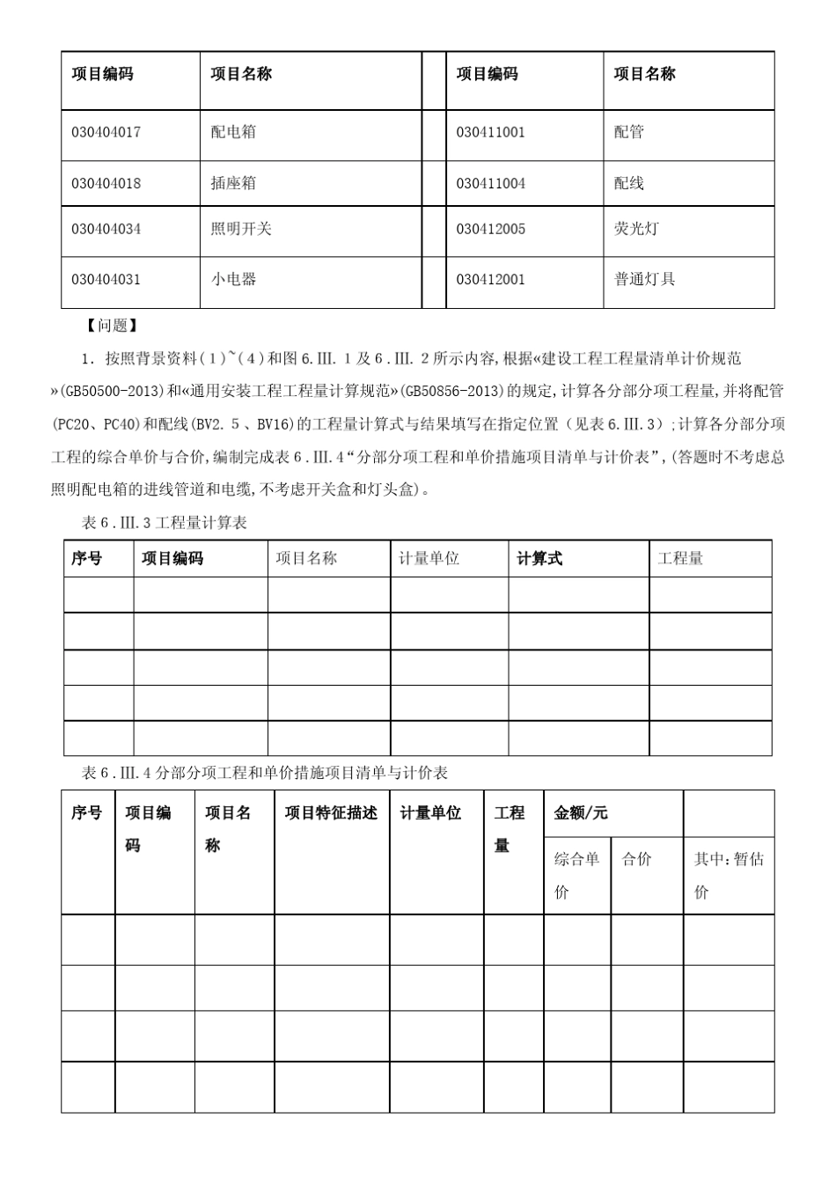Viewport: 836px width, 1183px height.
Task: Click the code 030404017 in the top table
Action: [106, 132]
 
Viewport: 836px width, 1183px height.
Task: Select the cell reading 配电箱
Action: [233, 132]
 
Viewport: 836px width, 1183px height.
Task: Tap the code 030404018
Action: [106, 183]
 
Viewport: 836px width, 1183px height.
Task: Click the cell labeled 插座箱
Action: [233, 183]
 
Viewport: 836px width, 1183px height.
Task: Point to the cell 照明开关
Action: [241, 229]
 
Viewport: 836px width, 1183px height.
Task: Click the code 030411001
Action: [490, 132]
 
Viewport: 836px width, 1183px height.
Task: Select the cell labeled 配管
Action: [628, 132]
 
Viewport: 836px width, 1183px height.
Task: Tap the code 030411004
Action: [490, 183]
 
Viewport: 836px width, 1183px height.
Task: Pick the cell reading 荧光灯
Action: [636, 229]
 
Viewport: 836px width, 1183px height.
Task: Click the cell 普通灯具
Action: [644, 279]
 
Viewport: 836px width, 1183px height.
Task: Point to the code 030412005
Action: [490, 229]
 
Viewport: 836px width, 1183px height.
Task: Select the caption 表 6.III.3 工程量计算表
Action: [165, 523]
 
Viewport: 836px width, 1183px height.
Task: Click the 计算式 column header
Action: [539, 558]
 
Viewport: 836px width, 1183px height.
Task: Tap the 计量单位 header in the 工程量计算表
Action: [429, 558]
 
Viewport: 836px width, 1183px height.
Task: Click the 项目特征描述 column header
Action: [331, 813]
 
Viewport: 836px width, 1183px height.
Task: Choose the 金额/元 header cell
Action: [581, 813]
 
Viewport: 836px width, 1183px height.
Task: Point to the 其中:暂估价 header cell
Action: [728, 875]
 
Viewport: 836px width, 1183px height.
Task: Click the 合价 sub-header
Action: [637, 859]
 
